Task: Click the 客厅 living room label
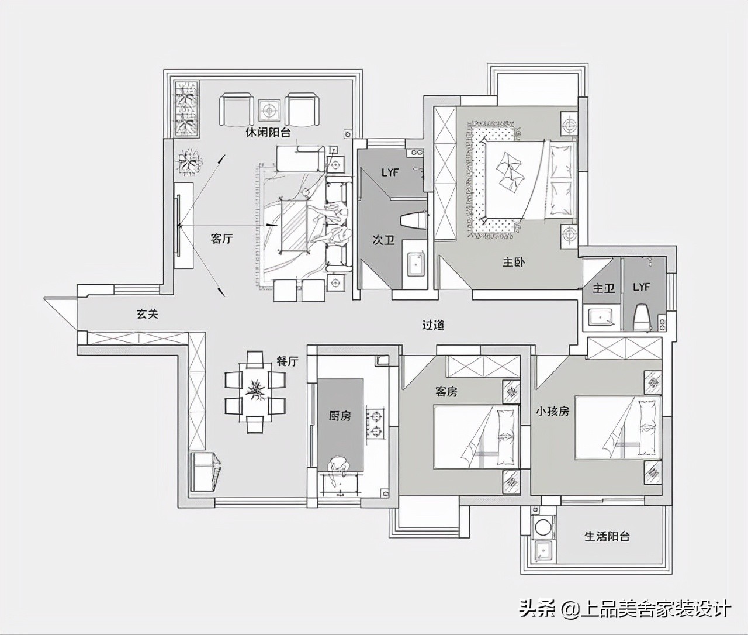(221, 239)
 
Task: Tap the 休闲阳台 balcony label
(268, 133)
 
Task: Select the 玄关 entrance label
(148, 314)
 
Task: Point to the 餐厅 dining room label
(287, 361)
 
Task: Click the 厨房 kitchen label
(340, 416)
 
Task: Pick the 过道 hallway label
(433, 325)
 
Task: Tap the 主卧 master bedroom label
(514, 262)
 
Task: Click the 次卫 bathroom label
(383, 240)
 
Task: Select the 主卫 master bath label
(604, 288)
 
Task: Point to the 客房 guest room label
(446, 391)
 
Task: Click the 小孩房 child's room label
(552, 411)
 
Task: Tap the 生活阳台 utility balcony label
(607, 536)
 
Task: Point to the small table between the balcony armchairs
(269, 109)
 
